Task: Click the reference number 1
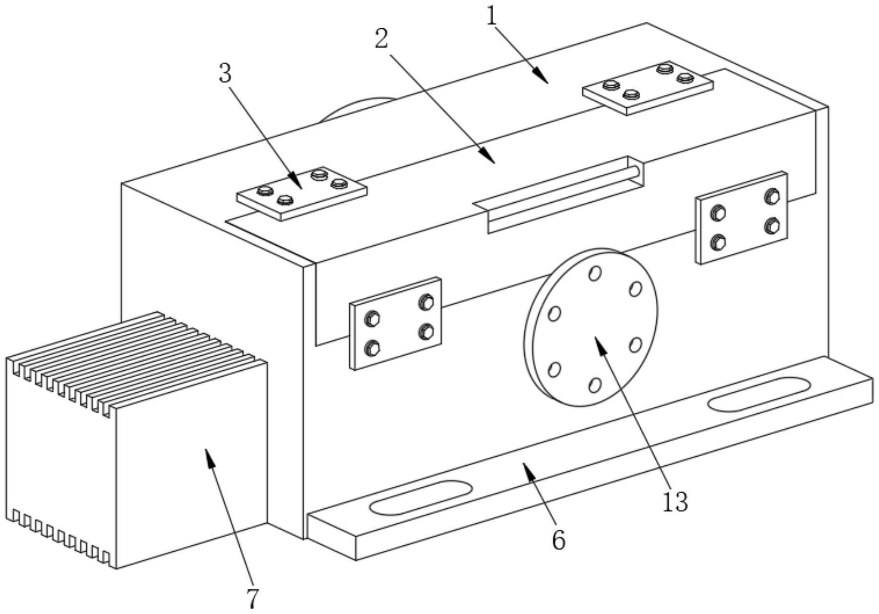(492, 18)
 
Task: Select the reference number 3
(225, 75)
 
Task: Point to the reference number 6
(558, 540)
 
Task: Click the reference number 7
(251, 598)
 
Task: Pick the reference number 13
(675, 502)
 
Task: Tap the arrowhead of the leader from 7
(208, 453)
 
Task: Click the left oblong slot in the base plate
(420, 498)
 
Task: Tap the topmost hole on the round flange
(594, 273)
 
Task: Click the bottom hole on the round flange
(594, 385)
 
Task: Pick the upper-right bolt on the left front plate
(426, 302)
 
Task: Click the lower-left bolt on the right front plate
(718, 242)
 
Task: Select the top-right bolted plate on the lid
(648, 88)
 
